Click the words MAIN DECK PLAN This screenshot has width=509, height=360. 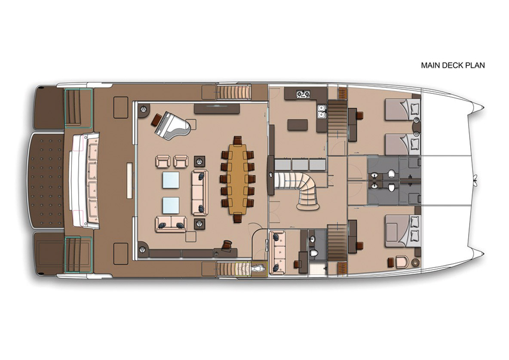pos(453,65)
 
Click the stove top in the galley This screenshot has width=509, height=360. pos(303,94)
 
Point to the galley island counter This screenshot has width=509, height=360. pos(297,125)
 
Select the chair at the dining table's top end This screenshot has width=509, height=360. pos(238,140)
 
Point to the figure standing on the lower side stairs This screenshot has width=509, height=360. pos(258,268)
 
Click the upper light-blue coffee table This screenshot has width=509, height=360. pos(171,180)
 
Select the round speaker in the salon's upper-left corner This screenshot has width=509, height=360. pos(142,110)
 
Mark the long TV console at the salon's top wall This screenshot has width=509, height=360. pos(217,108)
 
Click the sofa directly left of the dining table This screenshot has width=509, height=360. pos(199,192)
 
